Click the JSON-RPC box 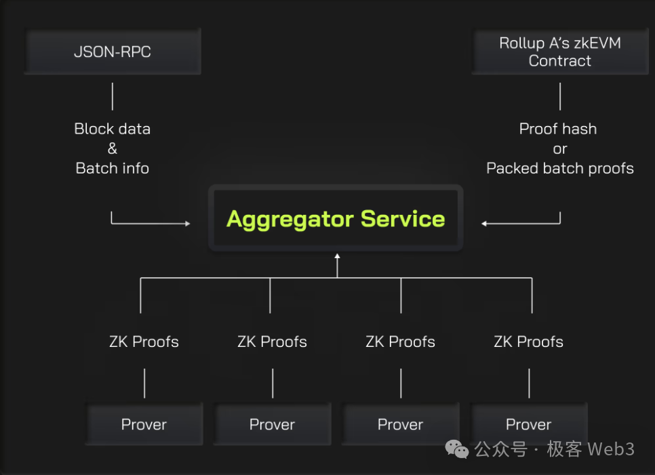point(113,51)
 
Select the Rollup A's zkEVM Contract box point(559,51)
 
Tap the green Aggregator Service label point(336,219)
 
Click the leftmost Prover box point(144,424)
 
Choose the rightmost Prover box point(528,424)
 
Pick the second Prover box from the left point(272,424)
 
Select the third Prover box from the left point(400,424)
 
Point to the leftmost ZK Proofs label point(144,342)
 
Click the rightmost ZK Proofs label point(528,342)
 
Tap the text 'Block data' point(113,129)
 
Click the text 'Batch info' point(113,168)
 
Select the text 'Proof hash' point(558,129)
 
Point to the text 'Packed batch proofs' point(560,168)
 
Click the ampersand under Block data point(113,148)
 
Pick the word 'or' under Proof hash point(560,148)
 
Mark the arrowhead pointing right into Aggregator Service point(187,223)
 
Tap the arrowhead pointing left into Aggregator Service point(484,223)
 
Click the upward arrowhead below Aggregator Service point(336,256)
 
